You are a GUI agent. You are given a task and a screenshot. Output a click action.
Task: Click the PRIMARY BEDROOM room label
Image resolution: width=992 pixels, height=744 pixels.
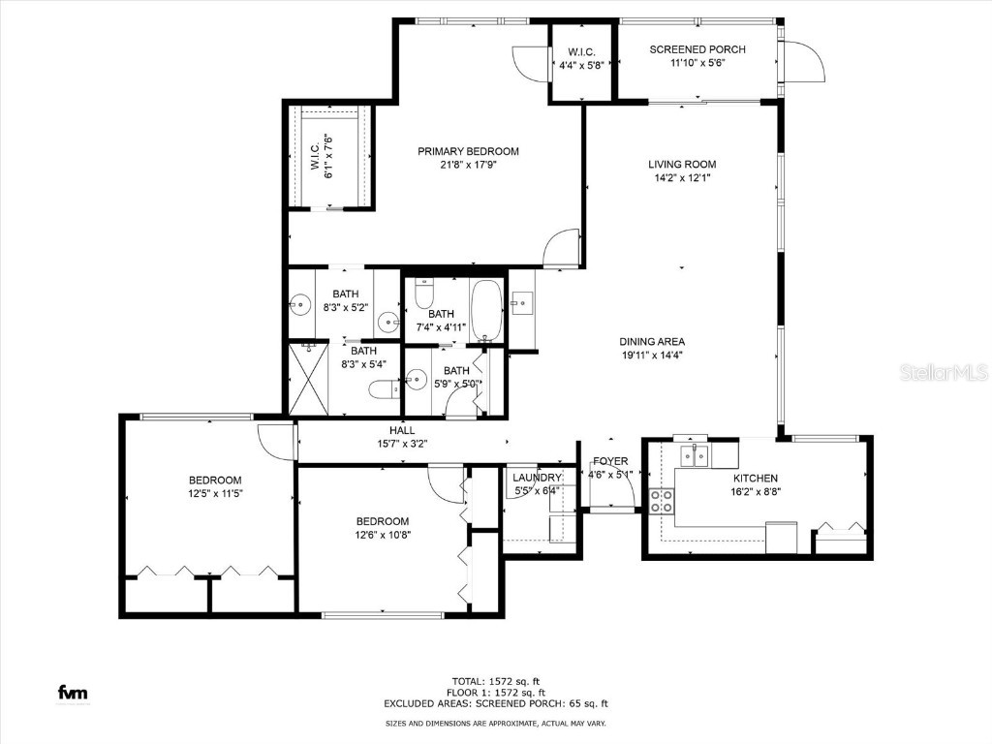point(468,151)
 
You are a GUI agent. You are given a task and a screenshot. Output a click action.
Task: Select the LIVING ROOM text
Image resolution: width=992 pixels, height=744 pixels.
point(682,165)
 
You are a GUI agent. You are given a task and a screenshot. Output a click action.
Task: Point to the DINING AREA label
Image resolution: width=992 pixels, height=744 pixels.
point(652,341)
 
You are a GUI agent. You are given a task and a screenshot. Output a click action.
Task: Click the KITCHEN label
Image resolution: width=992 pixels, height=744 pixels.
point(755,479)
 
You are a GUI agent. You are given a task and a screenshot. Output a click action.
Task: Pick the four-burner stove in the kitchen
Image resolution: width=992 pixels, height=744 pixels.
point(662,501)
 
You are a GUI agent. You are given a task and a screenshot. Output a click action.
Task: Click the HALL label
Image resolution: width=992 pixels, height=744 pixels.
point(402,430)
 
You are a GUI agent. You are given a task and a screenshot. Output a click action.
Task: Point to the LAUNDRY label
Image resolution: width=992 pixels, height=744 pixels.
point(537,478)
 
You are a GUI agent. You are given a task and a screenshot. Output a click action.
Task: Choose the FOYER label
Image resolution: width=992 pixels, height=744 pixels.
point(610,461)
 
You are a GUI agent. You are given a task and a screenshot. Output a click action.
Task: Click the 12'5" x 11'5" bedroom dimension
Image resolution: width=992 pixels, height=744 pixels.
point(214,494)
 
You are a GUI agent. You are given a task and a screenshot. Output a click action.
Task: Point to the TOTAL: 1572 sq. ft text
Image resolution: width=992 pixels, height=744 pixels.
point(495,680)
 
